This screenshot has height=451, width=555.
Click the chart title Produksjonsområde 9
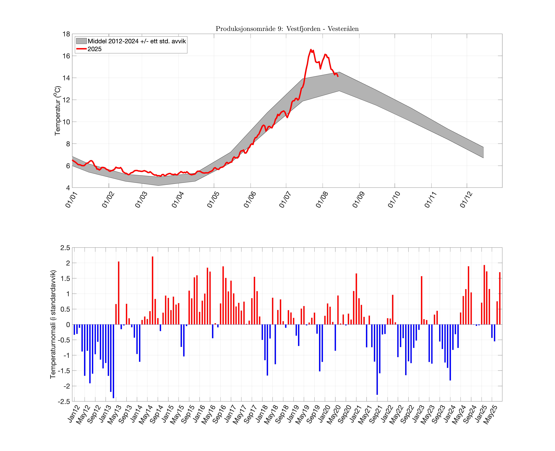[287, 29]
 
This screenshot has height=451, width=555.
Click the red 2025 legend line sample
[81, 49]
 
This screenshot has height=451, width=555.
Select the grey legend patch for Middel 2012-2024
[81, 41]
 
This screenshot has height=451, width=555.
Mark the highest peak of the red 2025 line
[311, 49]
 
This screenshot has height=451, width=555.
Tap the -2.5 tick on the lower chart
[64, 401]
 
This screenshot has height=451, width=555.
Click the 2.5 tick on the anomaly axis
[65, 248]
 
